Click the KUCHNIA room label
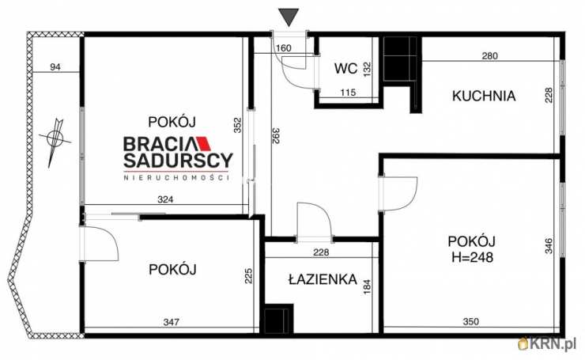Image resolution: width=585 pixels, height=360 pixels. click(x=484, y=97)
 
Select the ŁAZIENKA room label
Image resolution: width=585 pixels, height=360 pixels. click(x=322, y=281)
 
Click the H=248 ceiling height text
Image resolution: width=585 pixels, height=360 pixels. click(x=471, y=256)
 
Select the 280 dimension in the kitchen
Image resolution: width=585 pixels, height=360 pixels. click(x=489, y=55)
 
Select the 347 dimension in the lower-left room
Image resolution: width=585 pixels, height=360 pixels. click(x=171, y=323)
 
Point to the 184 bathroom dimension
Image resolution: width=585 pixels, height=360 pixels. click(x=366, y=283)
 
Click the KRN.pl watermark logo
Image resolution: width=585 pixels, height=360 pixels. click(x=546, y=343)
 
